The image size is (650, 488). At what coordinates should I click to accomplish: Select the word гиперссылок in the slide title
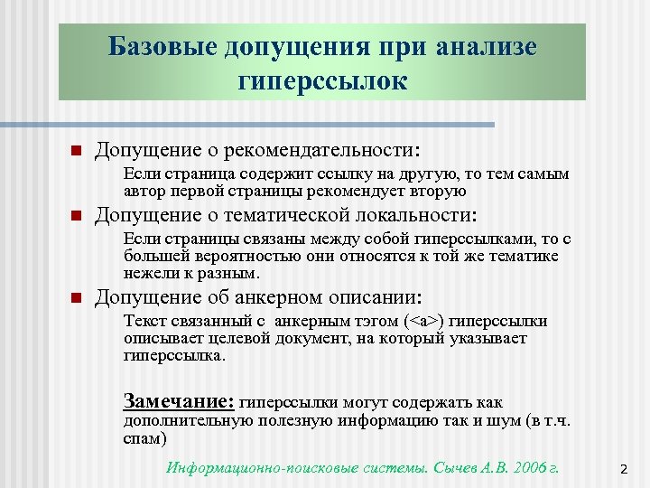coord(322,82)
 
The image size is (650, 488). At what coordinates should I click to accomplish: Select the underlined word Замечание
coord(178,401)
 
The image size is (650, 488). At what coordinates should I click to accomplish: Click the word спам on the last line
coord(143,438)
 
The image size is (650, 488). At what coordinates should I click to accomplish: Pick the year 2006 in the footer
coord(525,467)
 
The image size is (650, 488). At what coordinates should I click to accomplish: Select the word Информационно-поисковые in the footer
coord(248,467)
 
